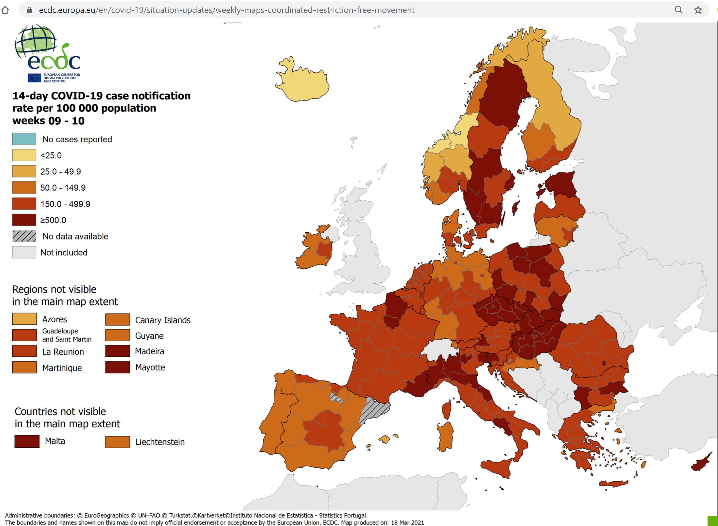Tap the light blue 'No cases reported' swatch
pos(24,139)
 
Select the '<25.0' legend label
pos(51,155)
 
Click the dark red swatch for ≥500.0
pos(24,220)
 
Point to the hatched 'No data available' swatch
pos(24,236)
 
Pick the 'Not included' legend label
pos(64,252)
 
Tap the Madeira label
pos(149,351)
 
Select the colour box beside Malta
pos(27,441)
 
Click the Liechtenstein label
pos(160,442)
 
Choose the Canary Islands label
pos(163,320)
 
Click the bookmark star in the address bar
pos(698,10)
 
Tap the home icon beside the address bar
pos(5,10)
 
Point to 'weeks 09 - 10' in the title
pos(49,121)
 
